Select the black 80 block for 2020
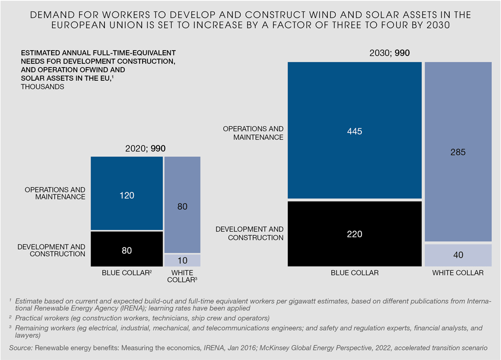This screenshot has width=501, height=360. click(127, 249)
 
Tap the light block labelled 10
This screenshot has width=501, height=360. click(183, 260)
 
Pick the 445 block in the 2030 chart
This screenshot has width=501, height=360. click(354, 130)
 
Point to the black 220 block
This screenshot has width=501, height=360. click(354, 234)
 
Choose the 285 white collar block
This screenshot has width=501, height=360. click(458, 152)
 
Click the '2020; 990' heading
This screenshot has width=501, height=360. click(145, 148)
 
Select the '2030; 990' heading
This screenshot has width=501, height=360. click(390, 53)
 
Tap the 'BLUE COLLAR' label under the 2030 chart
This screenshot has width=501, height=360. click(355, 273)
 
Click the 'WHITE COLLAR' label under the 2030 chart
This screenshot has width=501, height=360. click(458, 273)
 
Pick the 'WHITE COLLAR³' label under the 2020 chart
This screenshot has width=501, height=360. click(183, 276)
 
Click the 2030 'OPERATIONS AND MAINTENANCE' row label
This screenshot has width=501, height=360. click(253, 133)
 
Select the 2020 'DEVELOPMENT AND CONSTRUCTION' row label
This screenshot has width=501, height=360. click(51, 250)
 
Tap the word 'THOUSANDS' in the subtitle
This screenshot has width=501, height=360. click(42, 87)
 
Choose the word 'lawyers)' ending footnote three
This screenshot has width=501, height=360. click(29, 336)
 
